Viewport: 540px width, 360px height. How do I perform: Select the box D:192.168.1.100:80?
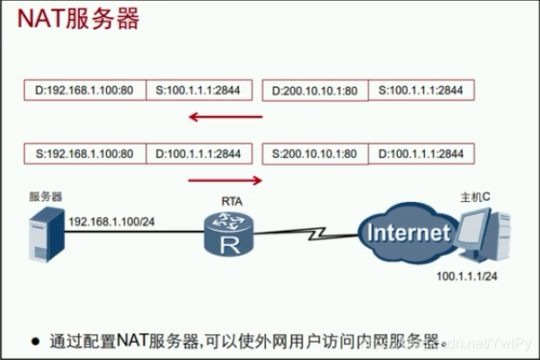[x=84, y=91]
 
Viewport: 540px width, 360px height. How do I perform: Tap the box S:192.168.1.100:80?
[x=84, y=154]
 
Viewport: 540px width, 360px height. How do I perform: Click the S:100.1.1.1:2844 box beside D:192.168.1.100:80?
[x=199, y=91]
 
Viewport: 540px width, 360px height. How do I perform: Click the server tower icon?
[x=45, y=233]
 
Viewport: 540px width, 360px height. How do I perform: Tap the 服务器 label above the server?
[x=45, y=197]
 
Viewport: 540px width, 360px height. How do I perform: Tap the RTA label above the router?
[x=230, y=203]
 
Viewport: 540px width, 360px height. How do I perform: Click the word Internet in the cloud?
[x=407, y=233]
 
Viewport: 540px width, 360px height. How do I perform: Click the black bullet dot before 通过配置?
[x=36, y=341]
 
